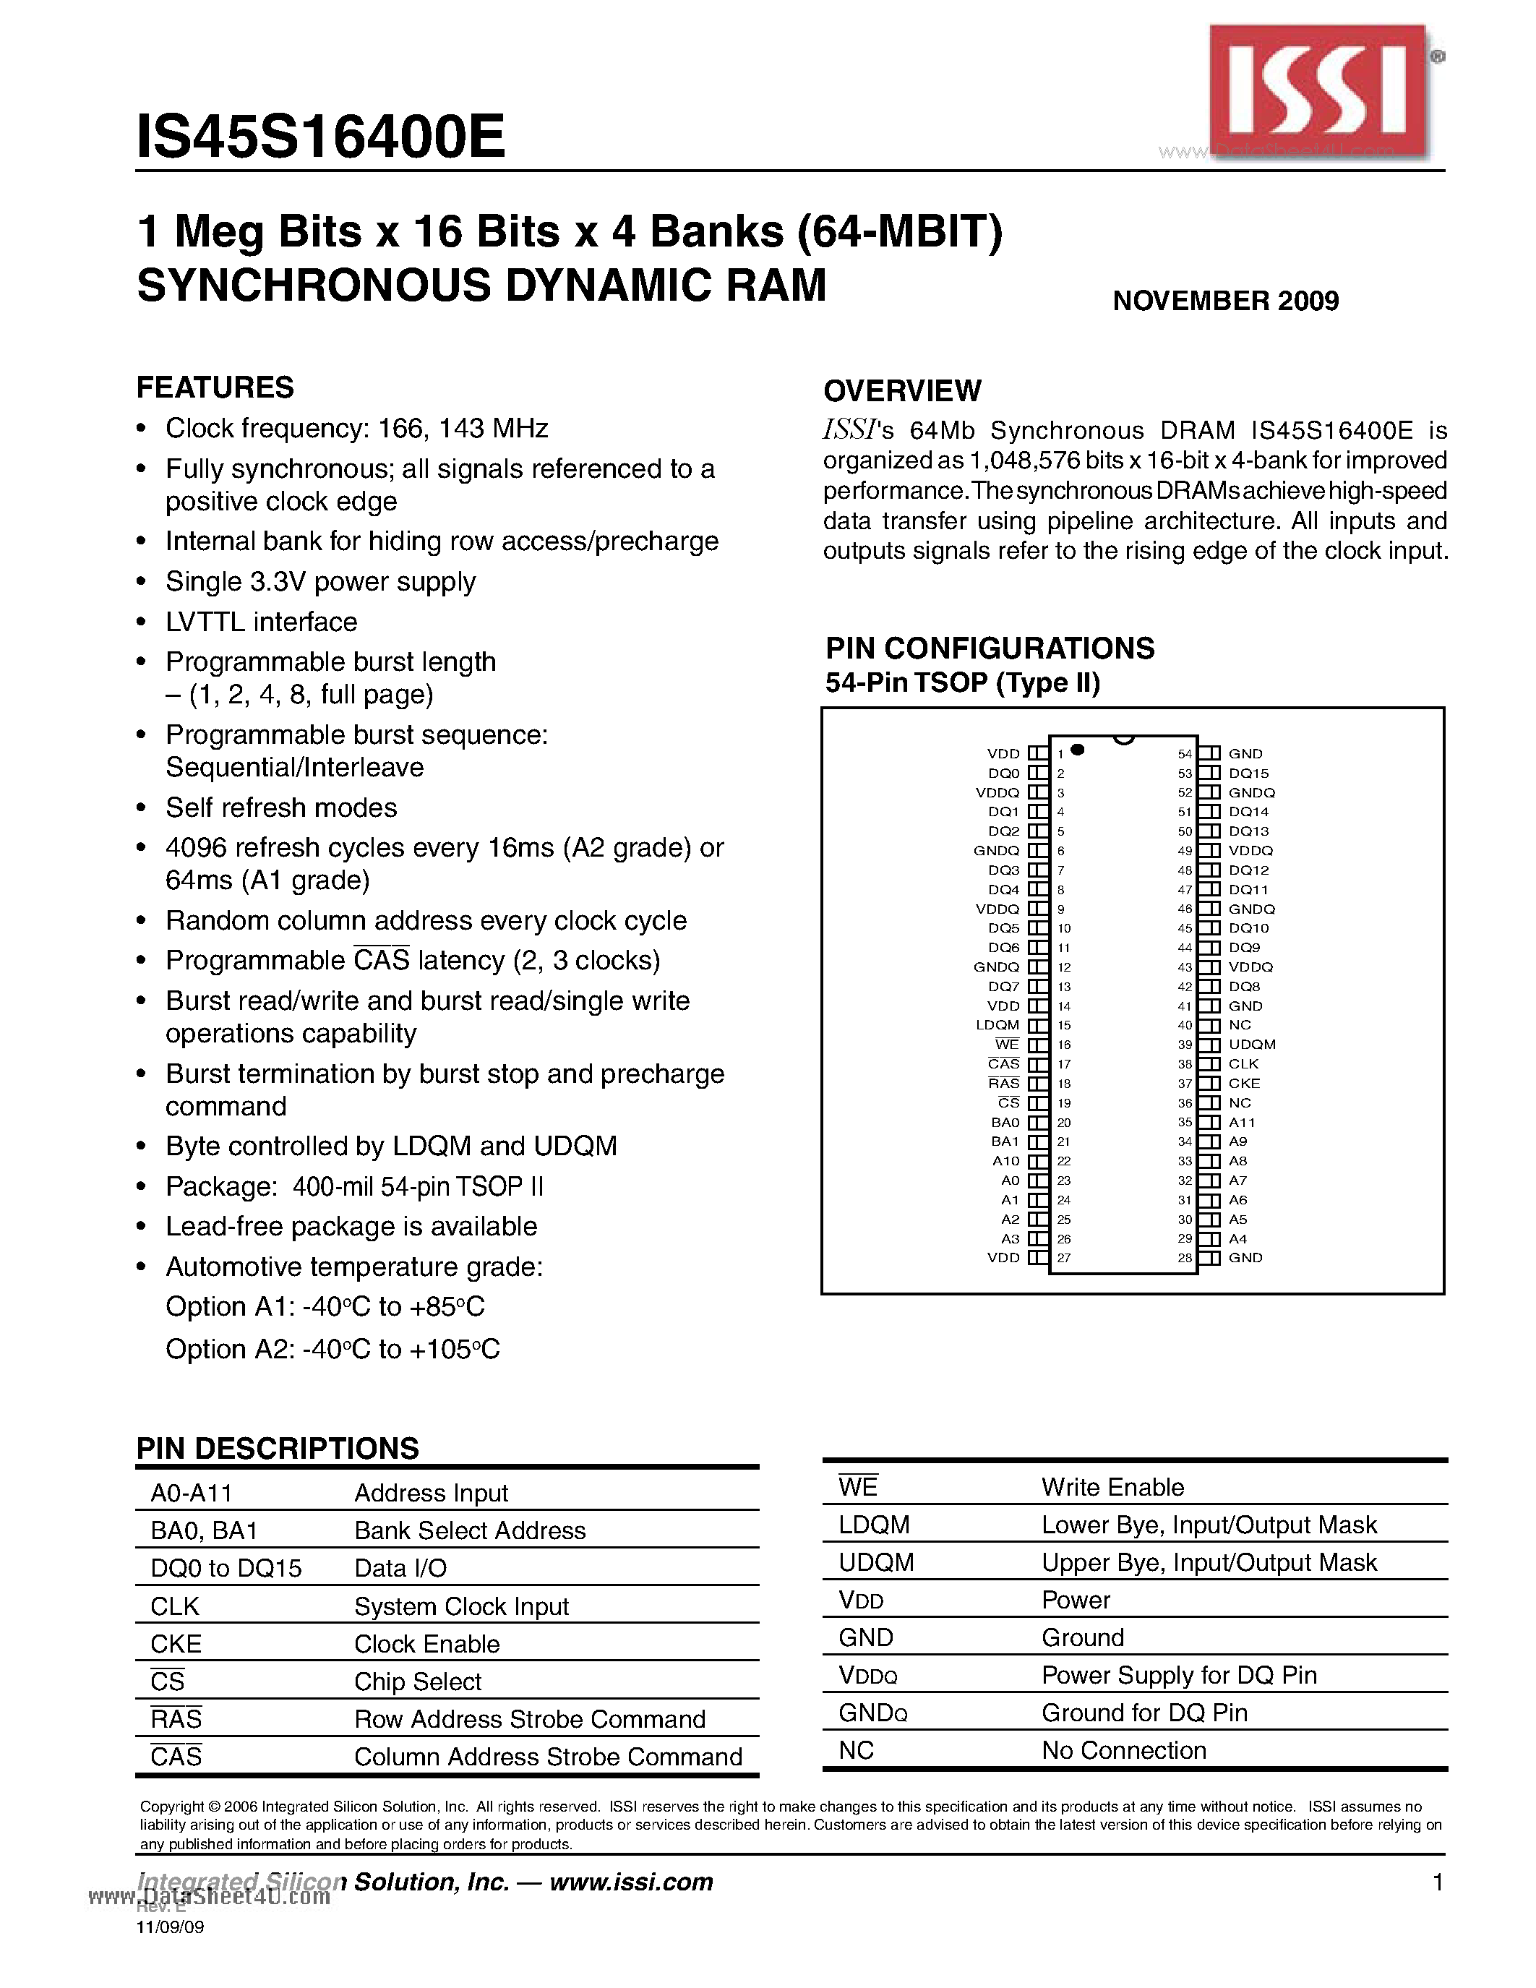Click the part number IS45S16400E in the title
[320, 137]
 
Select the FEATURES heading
[215, 387]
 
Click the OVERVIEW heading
[902, 391]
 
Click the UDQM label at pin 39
[1252, 1044]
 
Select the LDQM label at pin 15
[997, 1025]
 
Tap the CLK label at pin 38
[1243, 1064]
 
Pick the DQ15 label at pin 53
[1248, 774]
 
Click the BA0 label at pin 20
[1005, 1123]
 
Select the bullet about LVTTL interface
[261, 622]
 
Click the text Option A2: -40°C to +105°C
[332, 1349]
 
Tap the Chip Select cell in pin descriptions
[418, 1681]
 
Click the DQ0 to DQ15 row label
[226, 1569]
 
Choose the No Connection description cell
[1124, 1750]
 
